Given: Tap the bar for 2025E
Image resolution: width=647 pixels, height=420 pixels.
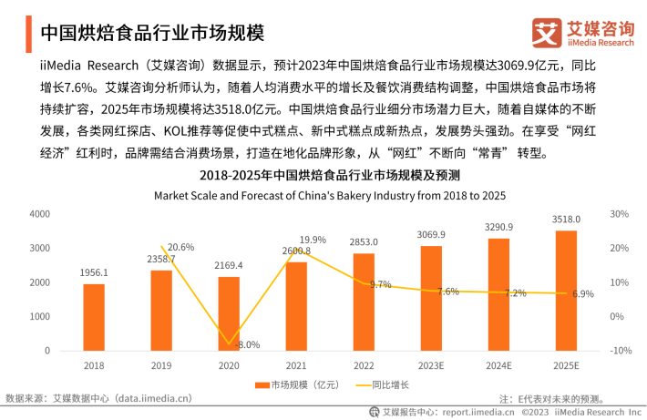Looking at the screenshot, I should [566, 291].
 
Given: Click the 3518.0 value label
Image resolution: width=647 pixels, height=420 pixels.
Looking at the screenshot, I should [566, 220].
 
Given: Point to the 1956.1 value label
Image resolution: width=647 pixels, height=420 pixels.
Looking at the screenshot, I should [94, 272].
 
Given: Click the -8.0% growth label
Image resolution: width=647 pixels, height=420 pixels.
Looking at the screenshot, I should [246, 344].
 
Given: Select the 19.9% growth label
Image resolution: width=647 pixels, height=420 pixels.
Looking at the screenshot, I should [313, 240].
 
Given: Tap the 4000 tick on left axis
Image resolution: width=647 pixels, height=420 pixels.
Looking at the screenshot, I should [39, 214].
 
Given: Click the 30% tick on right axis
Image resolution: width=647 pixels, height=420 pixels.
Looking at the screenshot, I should [620, 214].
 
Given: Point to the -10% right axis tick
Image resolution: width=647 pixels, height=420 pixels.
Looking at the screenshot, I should [620, 351].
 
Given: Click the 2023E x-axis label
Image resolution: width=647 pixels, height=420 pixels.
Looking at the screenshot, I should [431, 365].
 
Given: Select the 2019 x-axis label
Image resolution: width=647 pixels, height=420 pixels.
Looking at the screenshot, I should [161, 365].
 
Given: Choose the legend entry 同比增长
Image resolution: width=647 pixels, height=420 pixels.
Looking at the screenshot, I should [384, 384].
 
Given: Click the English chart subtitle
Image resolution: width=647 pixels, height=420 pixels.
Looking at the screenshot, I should [329, 194].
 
